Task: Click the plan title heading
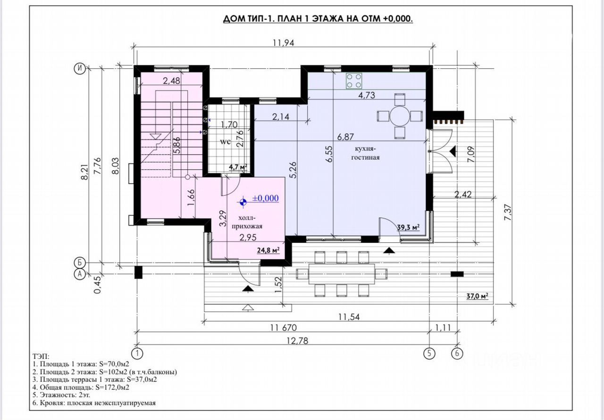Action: pyautogui.click(x=318, y=19)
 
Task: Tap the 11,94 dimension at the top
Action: pyautogui.click(x=284, y=43)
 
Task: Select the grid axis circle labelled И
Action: pyautogui.click(x=80, y=69)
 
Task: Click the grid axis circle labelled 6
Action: pyautogui.click(x=457, y=353)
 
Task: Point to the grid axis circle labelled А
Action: pyautogui.click(x=80, y=274)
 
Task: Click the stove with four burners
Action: pyautogui.click(x=354, y=81)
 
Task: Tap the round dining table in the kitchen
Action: pyautogui.click(x=400, y=116)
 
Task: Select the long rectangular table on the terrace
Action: pyautogui.click(x=342, y=274)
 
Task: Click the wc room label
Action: pyautogui.click(x=225, y=142)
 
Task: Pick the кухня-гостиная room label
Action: pyautogui.click(x=365, y=153)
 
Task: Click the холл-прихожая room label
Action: pyautogui.click(x=247, y=222)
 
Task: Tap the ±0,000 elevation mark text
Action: pyautogui.click(x=265, y=198)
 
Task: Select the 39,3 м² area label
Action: pyautogui.click(x=409, y=227)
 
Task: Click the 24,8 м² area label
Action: pyautogui.click(x=268, y=251)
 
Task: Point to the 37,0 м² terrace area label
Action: pyautogui.click(x=478, y=296)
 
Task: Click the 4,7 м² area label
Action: pyautogui.click(x=238, y=167)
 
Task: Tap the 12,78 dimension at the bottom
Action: pyautogui.click(x=297, y=341)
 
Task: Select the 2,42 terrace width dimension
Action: pyautogui.click(x=463, y=194)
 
